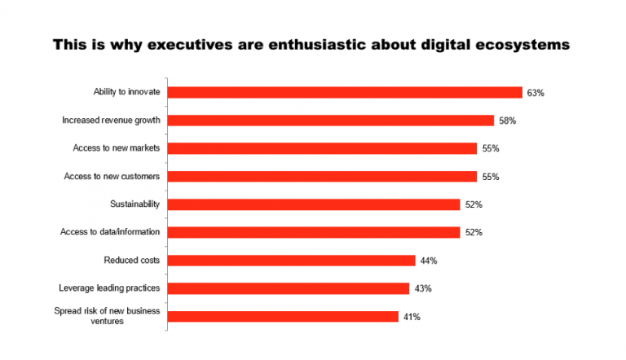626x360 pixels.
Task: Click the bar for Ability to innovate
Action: pos(345,93)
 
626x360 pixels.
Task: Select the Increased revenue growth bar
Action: pos(331,121)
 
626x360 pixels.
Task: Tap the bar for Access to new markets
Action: pos(322,148)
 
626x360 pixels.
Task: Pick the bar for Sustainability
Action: pos(314,204)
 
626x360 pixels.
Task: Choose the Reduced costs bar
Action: pos(292,261)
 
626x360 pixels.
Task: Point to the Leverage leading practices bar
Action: pos(289,288)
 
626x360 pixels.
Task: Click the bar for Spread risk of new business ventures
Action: pos(283,316)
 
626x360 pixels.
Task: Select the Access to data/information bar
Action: pos(314,232)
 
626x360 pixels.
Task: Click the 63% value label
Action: pos(536,93)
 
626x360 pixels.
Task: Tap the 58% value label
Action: pos(508,121)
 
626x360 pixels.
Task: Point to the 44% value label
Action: pos(430,261)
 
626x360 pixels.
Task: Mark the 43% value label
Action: pos(422,288)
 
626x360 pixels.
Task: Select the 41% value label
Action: pos(412,316)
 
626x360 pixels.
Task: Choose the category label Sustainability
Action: pos(134,204)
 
